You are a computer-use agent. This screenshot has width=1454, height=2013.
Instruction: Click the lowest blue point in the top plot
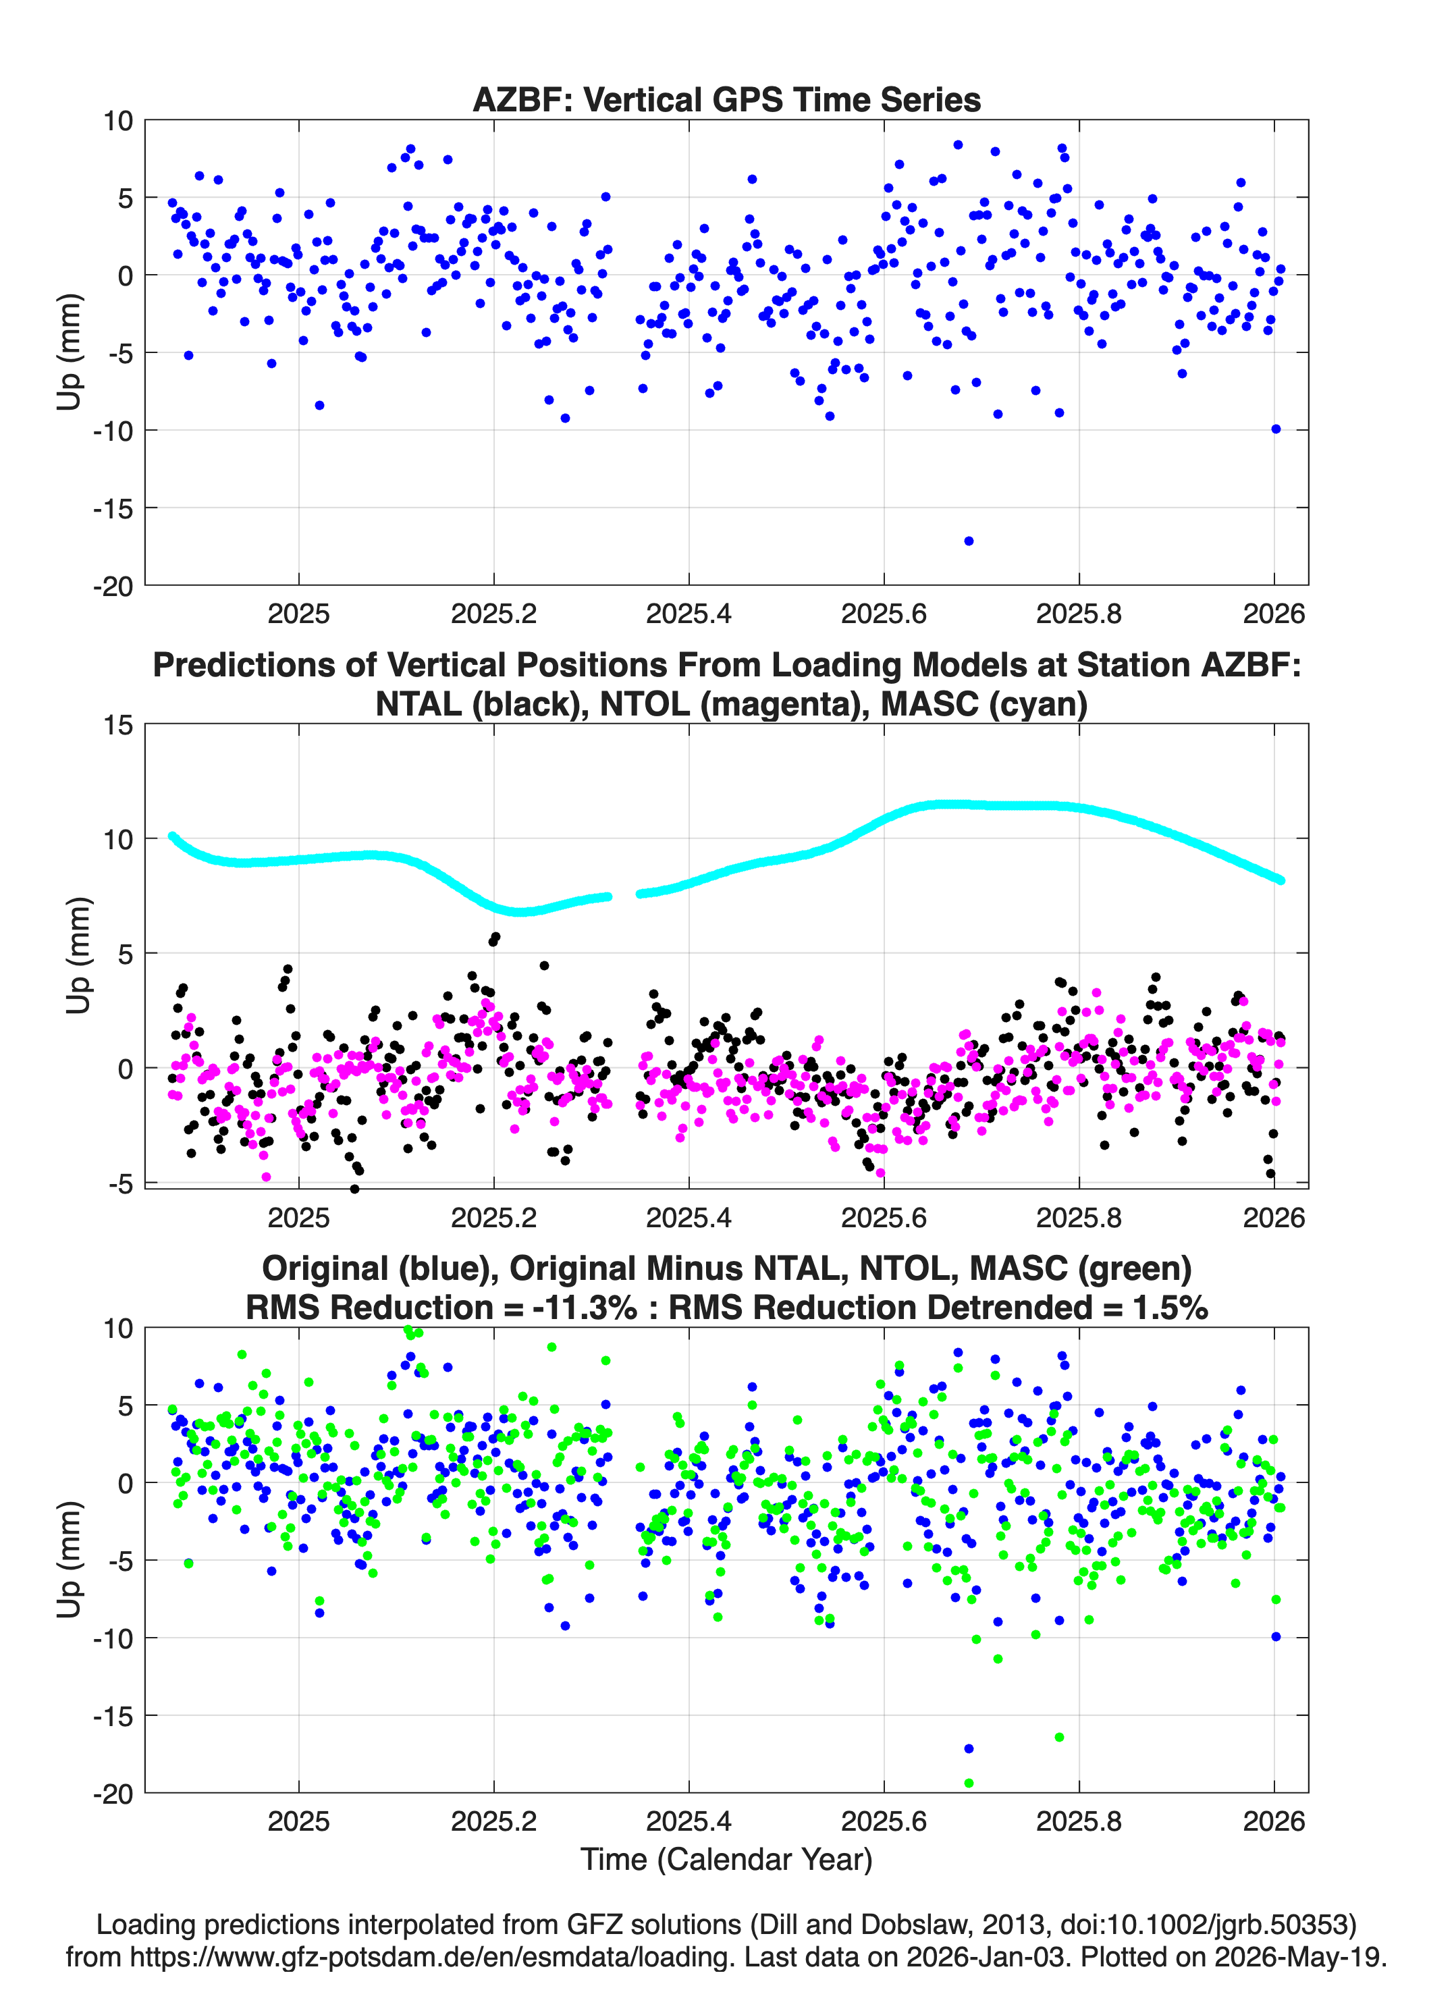click(x=969, y=541)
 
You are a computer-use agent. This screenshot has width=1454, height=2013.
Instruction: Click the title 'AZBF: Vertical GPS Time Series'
click(x=726, y=99)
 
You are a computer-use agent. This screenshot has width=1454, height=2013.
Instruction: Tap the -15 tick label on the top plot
click(x=113, y=508)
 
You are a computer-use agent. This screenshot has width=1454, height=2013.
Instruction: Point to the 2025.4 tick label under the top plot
click(x=689, y=614)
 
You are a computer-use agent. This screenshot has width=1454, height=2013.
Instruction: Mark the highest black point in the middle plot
click(x=495, y=936)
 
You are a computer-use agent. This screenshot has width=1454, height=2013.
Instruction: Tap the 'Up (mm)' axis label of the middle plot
click(x=78, y=955)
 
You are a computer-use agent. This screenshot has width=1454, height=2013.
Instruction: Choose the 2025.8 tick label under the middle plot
click(x=1079, y=1217)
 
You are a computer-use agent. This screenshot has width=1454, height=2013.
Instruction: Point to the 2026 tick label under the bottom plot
click(x=1274, y=1821)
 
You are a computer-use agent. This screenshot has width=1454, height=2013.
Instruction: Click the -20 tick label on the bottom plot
click(x=113, y=1794)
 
